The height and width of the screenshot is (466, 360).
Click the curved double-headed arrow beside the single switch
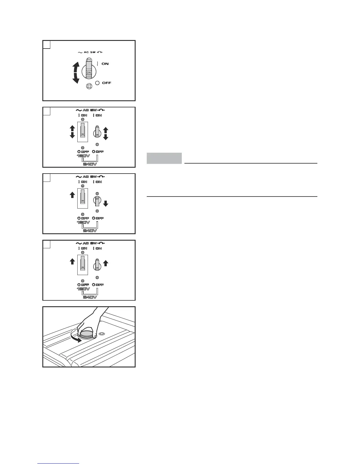pyautogui.click(x=76, y=72)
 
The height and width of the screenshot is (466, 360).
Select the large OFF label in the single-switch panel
pyautogui.click(x=106, y=83)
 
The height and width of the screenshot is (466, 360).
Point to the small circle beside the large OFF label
pyautogui.click(x=98, y=83)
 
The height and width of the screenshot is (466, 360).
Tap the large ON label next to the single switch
pyautogui.click(x=105, y=64)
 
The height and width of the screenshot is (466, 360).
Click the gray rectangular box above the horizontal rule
pyautogui.click(x=164, y=158)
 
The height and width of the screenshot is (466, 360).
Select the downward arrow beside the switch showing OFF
pyautogui.click(x=106, y=203)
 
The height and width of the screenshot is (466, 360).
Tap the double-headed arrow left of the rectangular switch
pyautogui.click(x=72, y=132)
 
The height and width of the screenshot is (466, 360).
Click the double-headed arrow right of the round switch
pyautogui.click(x=106, y=133)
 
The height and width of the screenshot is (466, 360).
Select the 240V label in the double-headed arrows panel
pyautogui.click(x=90, y=164)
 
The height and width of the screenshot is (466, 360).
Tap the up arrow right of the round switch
pyautogui.click(x=106, y=263)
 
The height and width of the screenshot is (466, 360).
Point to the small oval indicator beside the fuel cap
pyautogui.click(x=102, y=334)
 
